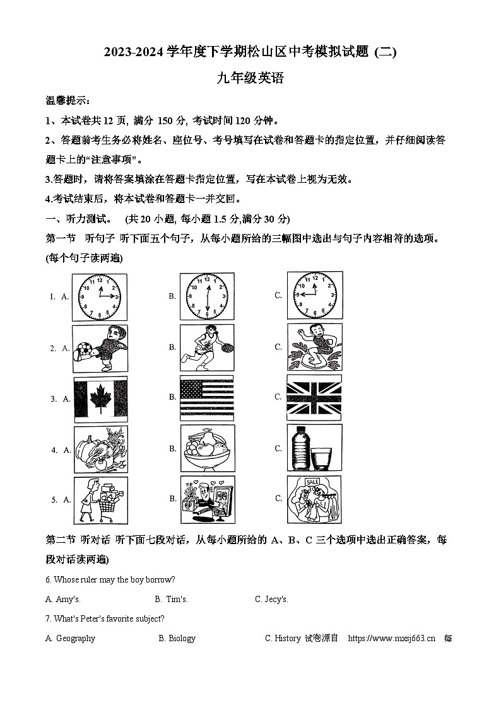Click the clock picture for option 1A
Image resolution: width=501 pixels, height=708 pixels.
[x=99, y=297]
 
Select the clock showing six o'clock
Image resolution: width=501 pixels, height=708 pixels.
[x=206, y=297]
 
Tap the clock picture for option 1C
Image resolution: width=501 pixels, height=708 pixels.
[x=314, y=295]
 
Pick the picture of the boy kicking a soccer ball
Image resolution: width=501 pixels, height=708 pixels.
[x=100, y=349]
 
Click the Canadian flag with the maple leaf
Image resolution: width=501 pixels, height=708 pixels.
[x=100, y=399]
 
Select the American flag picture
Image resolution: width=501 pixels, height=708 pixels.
[x=206, y=397]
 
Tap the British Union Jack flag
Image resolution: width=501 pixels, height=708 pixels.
[x=314, y=397]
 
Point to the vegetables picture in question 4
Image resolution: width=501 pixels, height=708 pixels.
[x=100, y=450]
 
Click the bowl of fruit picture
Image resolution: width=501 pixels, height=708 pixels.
[x=207, y=449]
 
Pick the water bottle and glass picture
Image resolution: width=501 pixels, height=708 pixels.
[x=314, y=448]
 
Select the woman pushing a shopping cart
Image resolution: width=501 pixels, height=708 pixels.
[x=100, y=499]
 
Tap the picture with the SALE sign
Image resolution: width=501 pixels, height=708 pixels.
[x=314, y=499]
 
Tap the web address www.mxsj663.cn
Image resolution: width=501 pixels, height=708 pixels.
[x=391, y=638]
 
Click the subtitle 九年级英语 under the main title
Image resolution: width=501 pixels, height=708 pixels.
[x=250, y=79]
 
